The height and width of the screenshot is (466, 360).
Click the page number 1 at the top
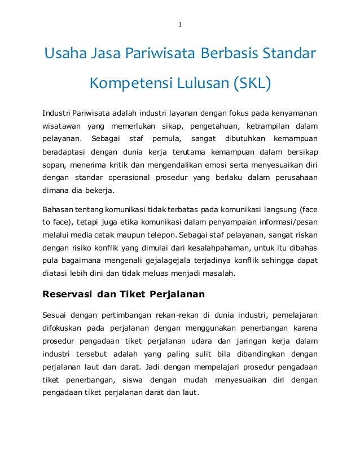pyautogui.click(x=179, y=25)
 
